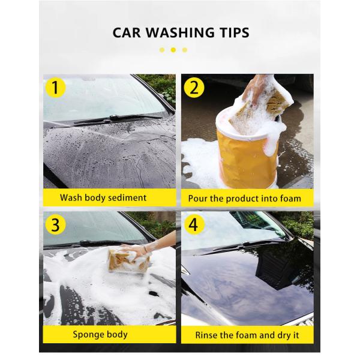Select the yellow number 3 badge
coord(55,226)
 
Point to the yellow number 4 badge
coord(193,226)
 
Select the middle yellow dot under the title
coord(173,50)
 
